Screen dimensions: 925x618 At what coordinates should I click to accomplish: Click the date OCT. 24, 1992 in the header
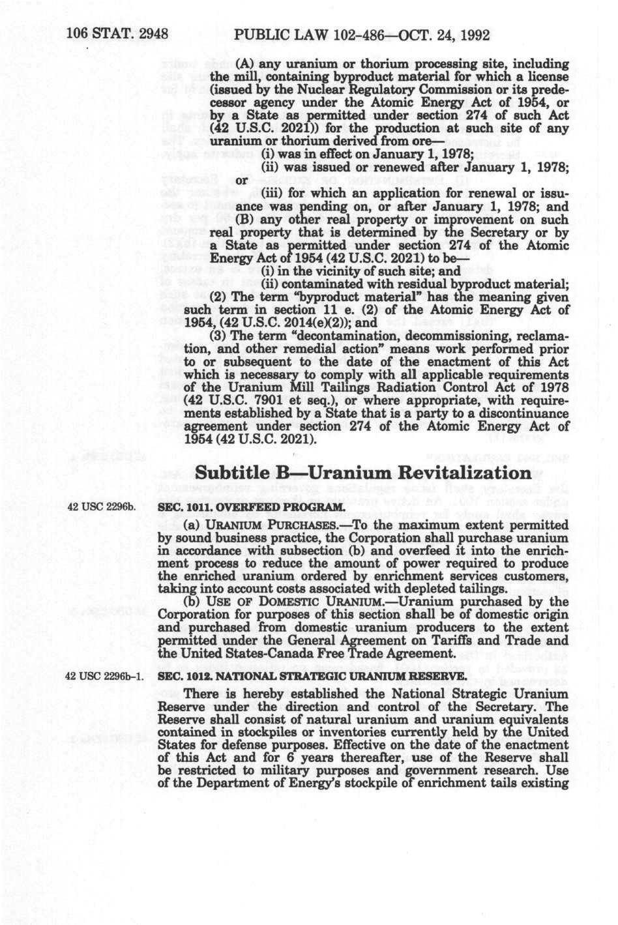(439, 35)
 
